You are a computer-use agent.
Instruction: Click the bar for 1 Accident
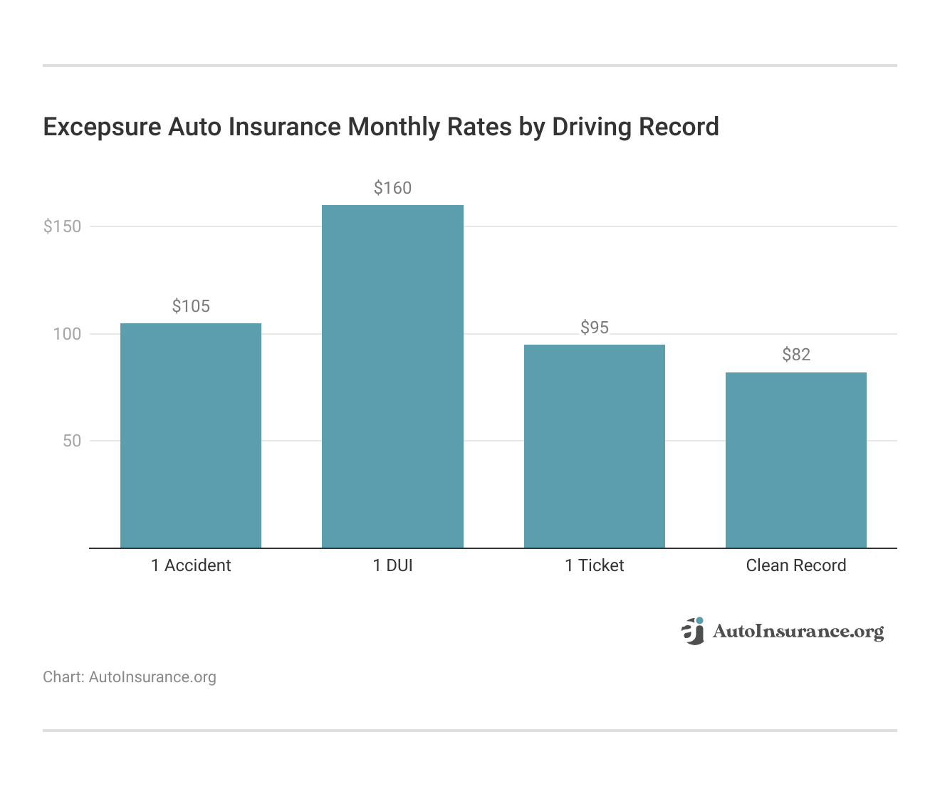click(191, 435)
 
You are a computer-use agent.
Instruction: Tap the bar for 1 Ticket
click(595, 446)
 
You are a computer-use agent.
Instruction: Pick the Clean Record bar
click(796, 459)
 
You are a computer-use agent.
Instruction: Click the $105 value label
click(191, 306)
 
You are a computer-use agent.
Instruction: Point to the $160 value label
click(392, 188)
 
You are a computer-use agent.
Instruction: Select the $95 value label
click(595, 328)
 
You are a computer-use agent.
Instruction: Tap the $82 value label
click(796, 355)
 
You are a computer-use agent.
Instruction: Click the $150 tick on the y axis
click(63, 226)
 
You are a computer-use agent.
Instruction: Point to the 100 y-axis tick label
click(67, 334)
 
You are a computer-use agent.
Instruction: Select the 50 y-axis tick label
click(72, 441)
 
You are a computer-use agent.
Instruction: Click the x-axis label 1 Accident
click(191, 565)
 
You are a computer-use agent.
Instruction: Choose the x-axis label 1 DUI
click(392, 565)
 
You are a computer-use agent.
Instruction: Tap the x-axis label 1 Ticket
click(595, 565)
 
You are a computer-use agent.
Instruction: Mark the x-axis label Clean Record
click(796, 565)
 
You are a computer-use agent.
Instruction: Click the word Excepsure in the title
click(102, 127)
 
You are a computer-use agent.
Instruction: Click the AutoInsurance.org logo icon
click(692, 631)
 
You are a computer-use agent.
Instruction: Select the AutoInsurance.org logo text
click(798, 632)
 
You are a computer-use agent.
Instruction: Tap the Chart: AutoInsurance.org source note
click(130, 676)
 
